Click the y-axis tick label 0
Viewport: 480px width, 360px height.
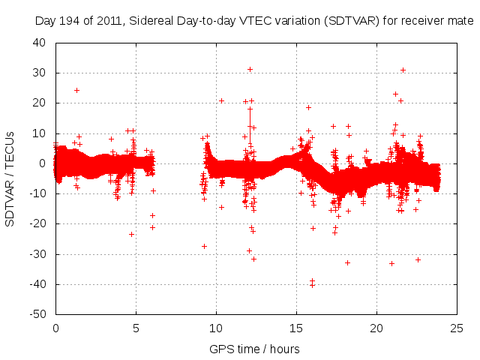[43, 163]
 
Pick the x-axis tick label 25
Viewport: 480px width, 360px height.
[457, 328]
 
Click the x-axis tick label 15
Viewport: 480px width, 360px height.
[296, 328]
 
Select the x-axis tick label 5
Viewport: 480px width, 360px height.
[136, 328]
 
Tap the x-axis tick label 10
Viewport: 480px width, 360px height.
[216, 328]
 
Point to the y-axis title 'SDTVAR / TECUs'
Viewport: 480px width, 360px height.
[10, 178]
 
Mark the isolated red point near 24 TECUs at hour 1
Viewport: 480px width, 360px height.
[76, 90]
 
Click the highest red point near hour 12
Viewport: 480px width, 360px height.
[250, 69]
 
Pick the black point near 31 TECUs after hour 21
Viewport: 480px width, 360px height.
[403, 70]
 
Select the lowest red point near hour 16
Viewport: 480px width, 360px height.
[312, 285]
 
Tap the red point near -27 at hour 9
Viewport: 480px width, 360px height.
[204, 246]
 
